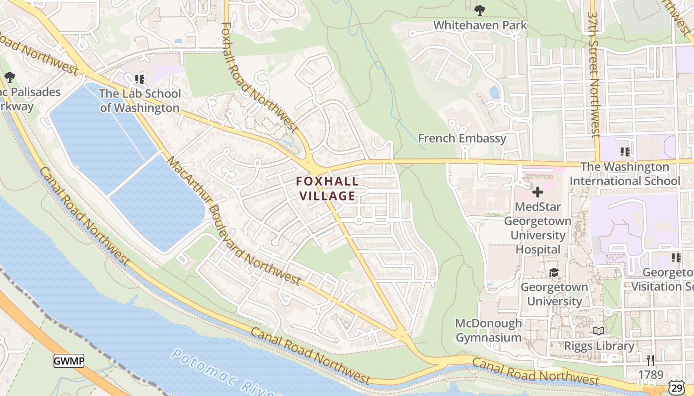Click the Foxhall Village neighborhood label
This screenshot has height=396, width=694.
coord(327,189)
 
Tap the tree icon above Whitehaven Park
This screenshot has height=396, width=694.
coord(479,9)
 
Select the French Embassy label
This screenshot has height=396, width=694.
coord(462,139)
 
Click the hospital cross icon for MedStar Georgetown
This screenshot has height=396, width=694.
coord(537,192)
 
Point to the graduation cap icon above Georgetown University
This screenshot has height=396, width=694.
coord(554,273)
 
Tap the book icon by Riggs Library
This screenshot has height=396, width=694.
coord(599,331)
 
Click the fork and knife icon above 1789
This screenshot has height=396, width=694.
coord(650,360)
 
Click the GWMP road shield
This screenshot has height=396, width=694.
coord(68,361)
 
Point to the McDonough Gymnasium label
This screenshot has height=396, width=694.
coord(488,330)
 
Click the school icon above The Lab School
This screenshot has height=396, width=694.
coord(140,79)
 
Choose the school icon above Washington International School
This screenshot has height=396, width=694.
coord(625,151)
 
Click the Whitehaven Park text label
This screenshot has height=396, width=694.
coord(480,25)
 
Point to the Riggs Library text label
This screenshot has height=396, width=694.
coord(599,346)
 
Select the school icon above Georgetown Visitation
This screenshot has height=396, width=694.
coord(675,258)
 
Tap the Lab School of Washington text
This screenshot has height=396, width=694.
coord(139,100)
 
